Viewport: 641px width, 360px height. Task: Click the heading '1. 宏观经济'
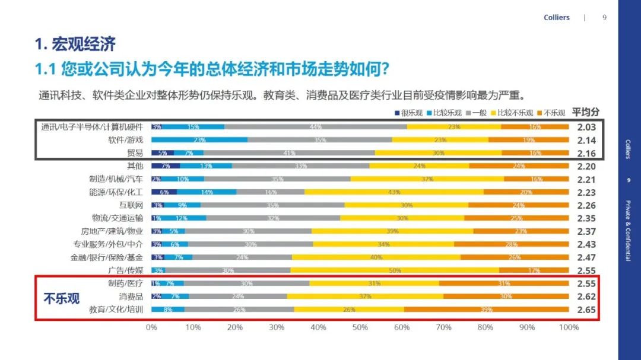[75, 44]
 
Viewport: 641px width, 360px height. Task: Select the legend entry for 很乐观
[409, 113]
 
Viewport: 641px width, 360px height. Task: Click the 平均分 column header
[585, 112]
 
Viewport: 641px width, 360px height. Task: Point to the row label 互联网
[131, 205]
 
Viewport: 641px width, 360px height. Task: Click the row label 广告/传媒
[125, 270]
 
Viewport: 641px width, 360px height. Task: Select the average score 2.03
[586, 127]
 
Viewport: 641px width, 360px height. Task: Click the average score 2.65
[586, 310]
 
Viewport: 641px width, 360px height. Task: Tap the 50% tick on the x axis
[360, 327]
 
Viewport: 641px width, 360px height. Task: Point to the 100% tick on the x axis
[568, 327]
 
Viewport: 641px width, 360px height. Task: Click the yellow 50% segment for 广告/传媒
[395, 270]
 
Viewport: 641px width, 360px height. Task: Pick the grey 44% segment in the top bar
[316, 127]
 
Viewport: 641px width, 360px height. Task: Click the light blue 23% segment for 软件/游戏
[199, 140]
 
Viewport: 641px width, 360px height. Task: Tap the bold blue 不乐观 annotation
[61, 298]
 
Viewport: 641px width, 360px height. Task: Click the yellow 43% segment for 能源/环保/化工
[394, 192]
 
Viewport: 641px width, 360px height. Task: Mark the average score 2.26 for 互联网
[586, 205]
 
